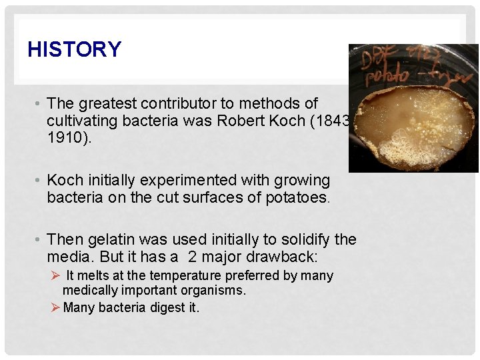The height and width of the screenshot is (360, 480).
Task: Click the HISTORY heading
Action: click(x=75, y=49)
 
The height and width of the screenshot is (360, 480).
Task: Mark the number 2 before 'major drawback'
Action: click(x=192, y=257)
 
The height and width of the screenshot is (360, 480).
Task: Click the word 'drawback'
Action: click(x=289, y=257)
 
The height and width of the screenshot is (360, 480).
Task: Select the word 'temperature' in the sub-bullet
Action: click(x=185, y=275)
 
